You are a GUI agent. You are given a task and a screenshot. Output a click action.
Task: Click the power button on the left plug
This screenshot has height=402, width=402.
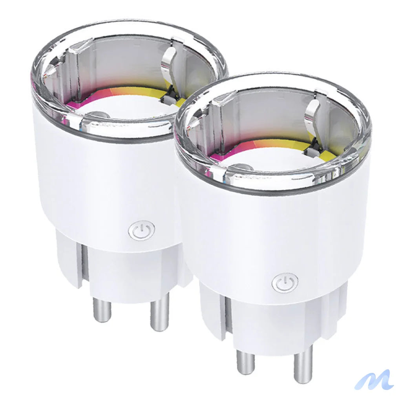pyautogui.click(x=141, y=230)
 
